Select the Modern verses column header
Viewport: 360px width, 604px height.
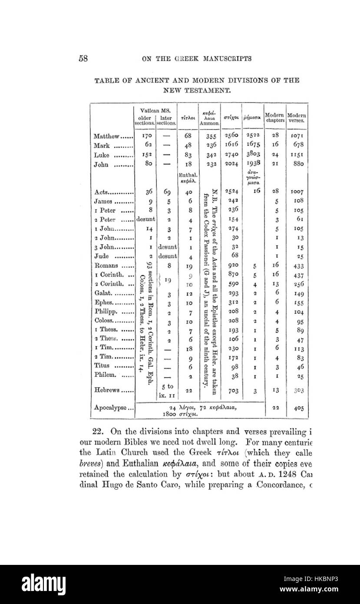click(297, 117)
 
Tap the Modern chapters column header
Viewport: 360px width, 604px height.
click(274, 117)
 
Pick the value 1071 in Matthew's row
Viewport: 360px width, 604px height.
click(297, 136)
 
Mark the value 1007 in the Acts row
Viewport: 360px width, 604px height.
click(297, 192)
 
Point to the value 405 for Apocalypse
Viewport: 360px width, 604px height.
click(297, 408)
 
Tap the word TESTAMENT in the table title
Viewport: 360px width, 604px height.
click(196, 91)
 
